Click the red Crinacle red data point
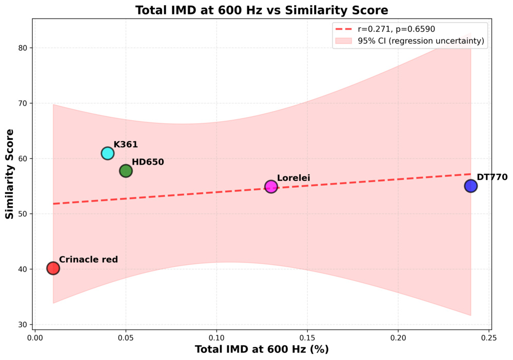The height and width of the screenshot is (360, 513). click(x=53, y=268)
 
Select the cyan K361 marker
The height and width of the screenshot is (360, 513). click(x=107, y=153)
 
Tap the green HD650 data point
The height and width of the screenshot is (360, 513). click(x=126, y=171)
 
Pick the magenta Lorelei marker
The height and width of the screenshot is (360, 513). click(x=271, y=187)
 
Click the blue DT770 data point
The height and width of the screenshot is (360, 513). click(x=470, y=186)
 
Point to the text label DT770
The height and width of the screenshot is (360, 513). click(x=492, y=177)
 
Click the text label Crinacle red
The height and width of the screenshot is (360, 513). click(x=88, y=259)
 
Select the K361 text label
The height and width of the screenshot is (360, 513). click(x=126, y=145)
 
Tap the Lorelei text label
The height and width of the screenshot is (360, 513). click(x=293, y=178)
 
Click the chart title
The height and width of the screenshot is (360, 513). click(x=262, y=10)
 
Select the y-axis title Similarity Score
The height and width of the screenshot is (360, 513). click(x=10, y=174)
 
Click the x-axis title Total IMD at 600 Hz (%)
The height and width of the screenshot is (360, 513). click(x=262, y=349)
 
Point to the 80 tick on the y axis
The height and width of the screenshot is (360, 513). click(x=23, y=48)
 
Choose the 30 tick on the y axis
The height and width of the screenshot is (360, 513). click(x=23, y=325)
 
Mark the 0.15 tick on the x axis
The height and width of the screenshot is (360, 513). click(x=307, y=338)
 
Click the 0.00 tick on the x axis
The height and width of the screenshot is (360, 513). click(x=35, y=338)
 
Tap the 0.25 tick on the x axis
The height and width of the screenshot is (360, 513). click(x=489, y=338)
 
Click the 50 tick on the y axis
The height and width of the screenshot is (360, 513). click(x=23, y=214)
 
